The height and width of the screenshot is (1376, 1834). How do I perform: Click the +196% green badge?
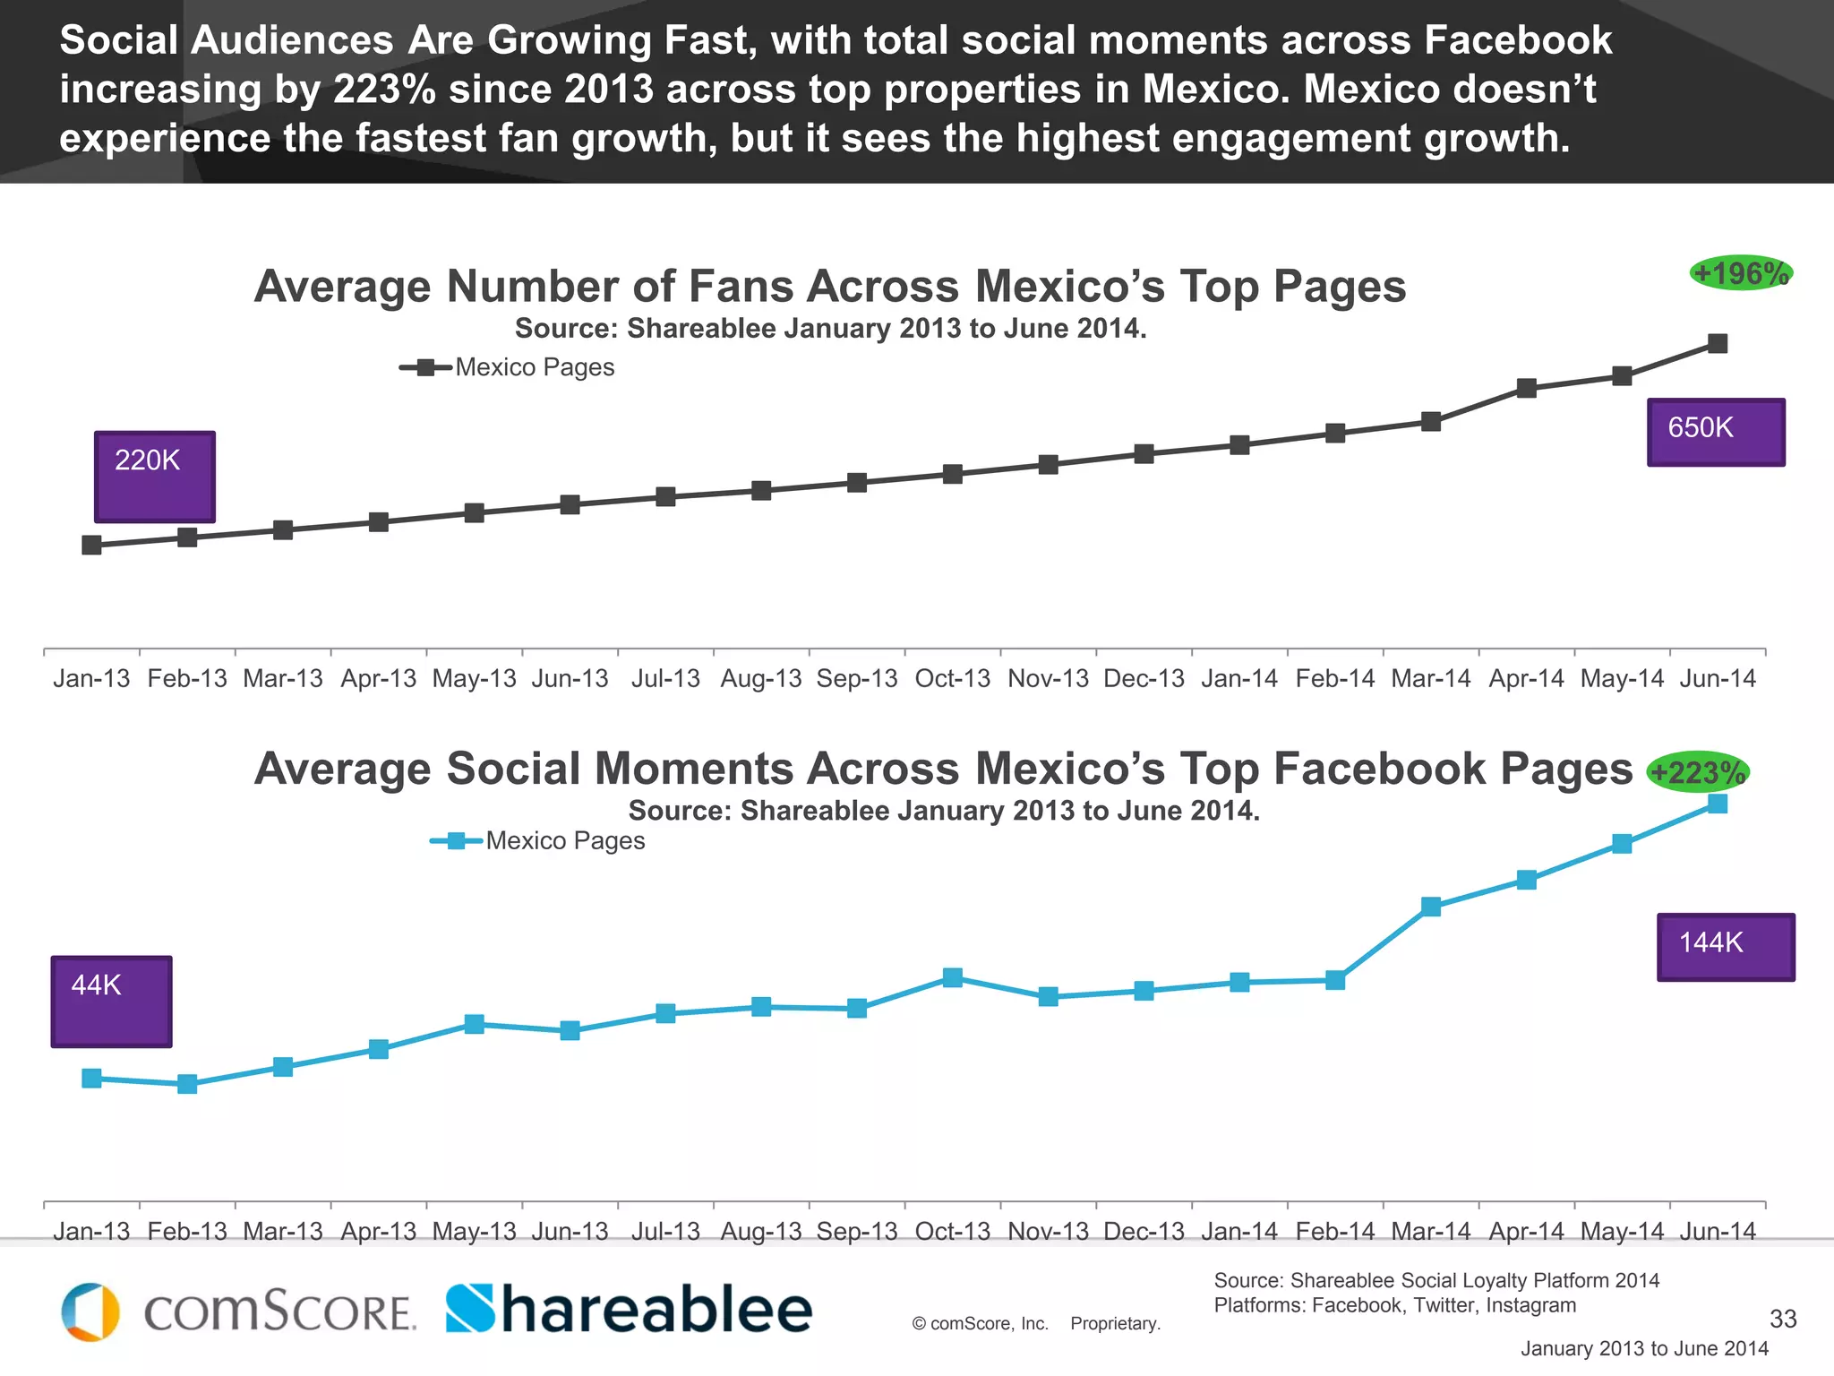[x=1740, y=273]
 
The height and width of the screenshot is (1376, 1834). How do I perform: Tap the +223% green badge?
[x=1698, y=772]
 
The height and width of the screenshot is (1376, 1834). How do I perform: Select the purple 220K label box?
[x=154, y=476]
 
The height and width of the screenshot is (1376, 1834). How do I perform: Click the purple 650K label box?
[x=1716, y=432]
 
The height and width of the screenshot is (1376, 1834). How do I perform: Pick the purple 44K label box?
[x=111, y=1001]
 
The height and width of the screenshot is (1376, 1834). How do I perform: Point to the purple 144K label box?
[x=1726, y=947]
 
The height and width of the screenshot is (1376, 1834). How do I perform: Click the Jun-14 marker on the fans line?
[x=1718, y=343]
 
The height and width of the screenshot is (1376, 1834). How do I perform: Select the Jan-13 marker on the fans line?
[x=91, y=545]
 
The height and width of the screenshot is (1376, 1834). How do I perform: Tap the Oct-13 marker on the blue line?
[x=953, y=977]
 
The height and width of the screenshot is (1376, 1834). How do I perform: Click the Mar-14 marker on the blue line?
[x=1431, y=907]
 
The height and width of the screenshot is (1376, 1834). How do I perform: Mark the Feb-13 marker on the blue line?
[x=187, y=1084]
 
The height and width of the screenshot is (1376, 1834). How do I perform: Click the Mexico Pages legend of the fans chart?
[x=508, y=367]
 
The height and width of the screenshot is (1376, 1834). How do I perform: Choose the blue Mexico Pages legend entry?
[x=538, y=840]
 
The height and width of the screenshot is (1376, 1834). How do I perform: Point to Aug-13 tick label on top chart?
[x=761, y=678]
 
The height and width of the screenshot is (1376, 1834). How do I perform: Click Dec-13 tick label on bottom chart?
[x=1144, y=1231]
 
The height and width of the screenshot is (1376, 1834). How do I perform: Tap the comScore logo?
[x=238, y=1311]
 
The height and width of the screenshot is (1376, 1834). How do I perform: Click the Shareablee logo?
[x=629, y=1310]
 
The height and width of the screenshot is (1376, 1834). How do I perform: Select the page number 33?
[x=1783, y=1319]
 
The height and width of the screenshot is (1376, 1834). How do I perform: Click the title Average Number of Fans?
[x=829, y=287]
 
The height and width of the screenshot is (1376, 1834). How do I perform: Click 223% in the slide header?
[x=385, y=90]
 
